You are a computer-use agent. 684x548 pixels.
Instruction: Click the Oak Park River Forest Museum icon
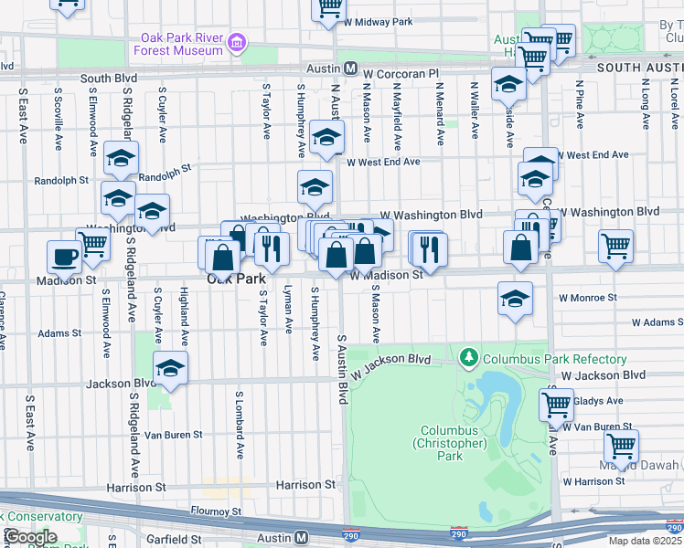(x=237, y=42)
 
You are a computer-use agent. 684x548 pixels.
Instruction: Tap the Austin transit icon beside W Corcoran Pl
(x=350, y=68)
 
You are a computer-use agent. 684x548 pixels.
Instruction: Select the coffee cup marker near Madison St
(x=64, y=257)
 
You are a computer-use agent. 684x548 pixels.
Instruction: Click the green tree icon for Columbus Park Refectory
(x=469, y=355)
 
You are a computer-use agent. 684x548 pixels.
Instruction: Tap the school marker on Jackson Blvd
(x=170, y=368)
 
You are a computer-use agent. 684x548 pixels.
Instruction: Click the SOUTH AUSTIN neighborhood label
(x=639, y=68)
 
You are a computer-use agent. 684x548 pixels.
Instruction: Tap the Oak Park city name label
(x=236, y=279)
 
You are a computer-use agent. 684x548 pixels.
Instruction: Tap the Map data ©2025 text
(x=645, y=541)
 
